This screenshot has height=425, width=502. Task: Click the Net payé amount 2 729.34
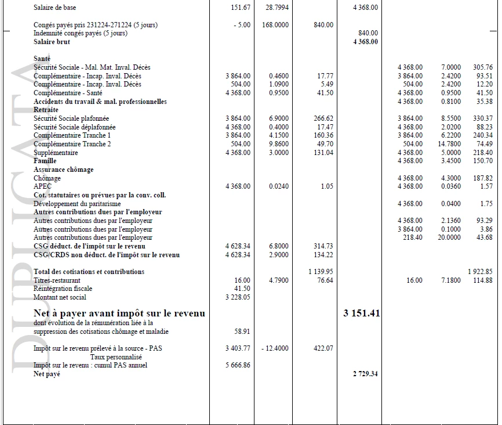pyautogui.click(x=365, y=374)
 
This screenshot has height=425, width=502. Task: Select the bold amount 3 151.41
pyautogui.click(x=361, y=314)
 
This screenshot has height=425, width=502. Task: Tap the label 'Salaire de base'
pyautogui.click(x=54, y=8)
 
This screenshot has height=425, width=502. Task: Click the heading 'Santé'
pyautogui.click(x=42, y=59)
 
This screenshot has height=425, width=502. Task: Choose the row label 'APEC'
pyautogui.click(x=42, y=186)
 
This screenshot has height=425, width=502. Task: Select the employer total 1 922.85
pyautogui.click(x=480, y=272)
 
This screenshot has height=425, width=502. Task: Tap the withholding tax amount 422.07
pyautogui.click(x=323, y=348)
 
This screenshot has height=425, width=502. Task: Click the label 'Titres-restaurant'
pyautogui.click(x=57, y=280)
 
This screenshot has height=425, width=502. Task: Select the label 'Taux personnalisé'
pyautogui.click(x=116, y=357)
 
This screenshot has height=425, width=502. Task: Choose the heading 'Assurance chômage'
pyautogui.click(x=63, y=170)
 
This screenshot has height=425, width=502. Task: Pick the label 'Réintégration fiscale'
pyautogui.click(x=63, y=289)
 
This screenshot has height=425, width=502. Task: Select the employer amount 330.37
pyautogui.click(x=482, y=118)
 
